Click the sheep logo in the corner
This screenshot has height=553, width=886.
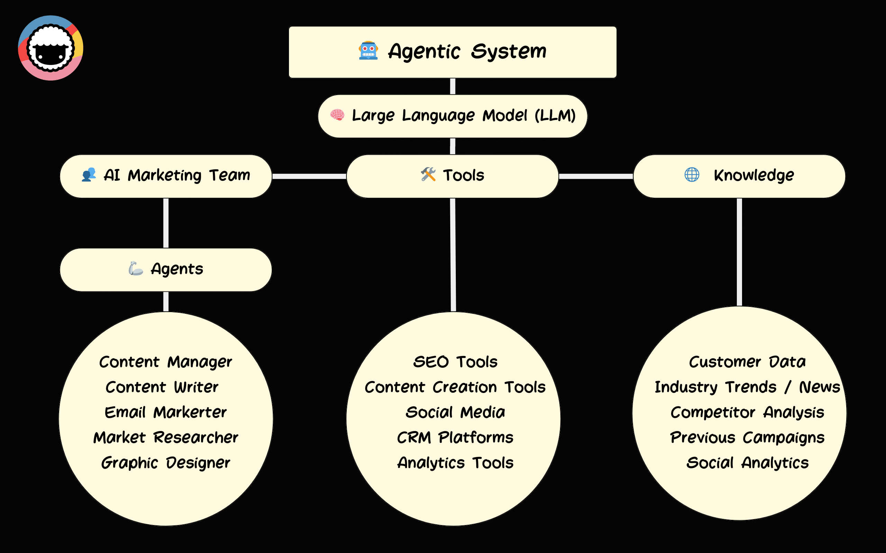51,48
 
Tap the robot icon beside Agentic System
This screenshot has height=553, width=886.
368,50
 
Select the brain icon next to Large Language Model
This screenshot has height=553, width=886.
337,115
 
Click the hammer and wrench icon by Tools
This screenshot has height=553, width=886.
428,175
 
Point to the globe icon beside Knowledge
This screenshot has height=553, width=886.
691,175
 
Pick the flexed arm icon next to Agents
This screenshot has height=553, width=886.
135,269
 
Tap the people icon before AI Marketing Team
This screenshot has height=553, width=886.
89,175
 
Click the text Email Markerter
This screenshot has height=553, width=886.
165,412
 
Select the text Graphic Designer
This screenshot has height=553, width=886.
165,463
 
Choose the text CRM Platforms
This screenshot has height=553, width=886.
455,438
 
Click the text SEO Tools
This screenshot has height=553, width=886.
455,362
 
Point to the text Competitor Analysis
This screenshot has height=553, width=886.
747,413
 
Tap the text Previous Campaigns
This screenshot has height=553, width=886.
747,438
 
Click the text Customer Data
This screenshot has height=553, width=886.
747,362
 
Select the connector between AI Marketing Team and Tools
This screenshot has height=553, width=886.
309,176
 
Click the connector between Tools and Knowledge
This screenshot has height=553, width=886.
596,176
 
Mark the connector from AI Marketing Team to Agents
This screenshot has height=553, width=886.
166,223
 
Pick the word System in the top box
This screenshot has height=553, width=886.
508,51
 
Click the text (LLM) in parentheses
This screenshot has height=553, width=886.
555,115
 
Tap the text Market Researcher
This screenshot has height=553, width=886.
165,438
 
